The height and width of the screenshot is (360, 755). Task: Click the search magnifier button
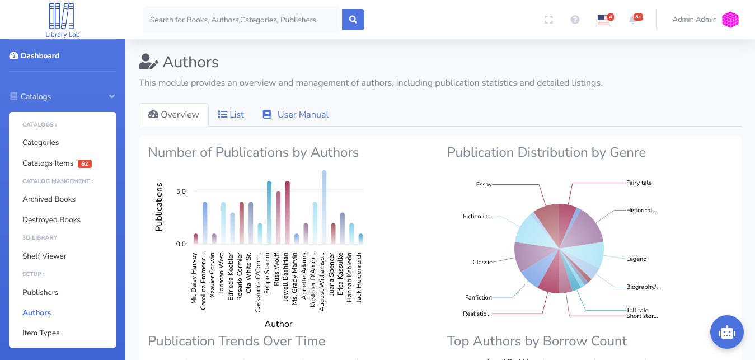point(353,20)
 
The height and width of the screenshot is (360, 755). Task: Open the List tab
point(231,115)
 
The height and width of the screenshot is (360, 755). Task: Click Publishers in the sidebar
point(40,292)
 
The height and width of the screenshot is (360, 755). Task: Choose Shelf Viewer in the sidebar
point(44,256)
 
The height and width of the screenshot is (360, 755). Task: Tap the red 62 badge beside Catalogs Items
point(85,164)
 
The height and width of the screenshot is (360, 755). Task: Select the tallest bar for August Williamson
point(324,207)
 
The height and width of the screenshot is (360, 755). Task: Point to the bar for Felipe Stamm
point(269,213)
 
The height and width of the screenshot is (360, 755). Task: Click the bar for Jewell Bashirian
point(288,213)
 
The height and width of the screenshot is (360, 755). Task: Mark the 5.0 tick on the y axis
point(181,191)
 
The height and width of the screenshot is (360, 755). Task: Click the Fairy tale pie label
point(639,183)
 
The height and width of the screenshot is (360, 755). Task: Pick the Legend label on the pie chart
point(636,259)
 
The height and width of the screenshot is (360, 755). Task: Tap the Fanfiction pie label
point(478,297)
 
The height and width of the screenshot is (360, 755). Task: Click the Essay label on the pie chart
point(484,184)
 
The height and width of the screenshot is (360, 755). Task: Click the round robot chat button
point(726,332)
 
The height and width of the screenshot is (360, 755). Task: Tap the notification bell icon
point(632,20)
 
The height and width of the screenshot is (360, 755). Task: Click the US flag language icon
point(603,20)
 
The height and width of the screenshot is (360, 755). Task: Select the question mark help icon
point(575,20)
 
